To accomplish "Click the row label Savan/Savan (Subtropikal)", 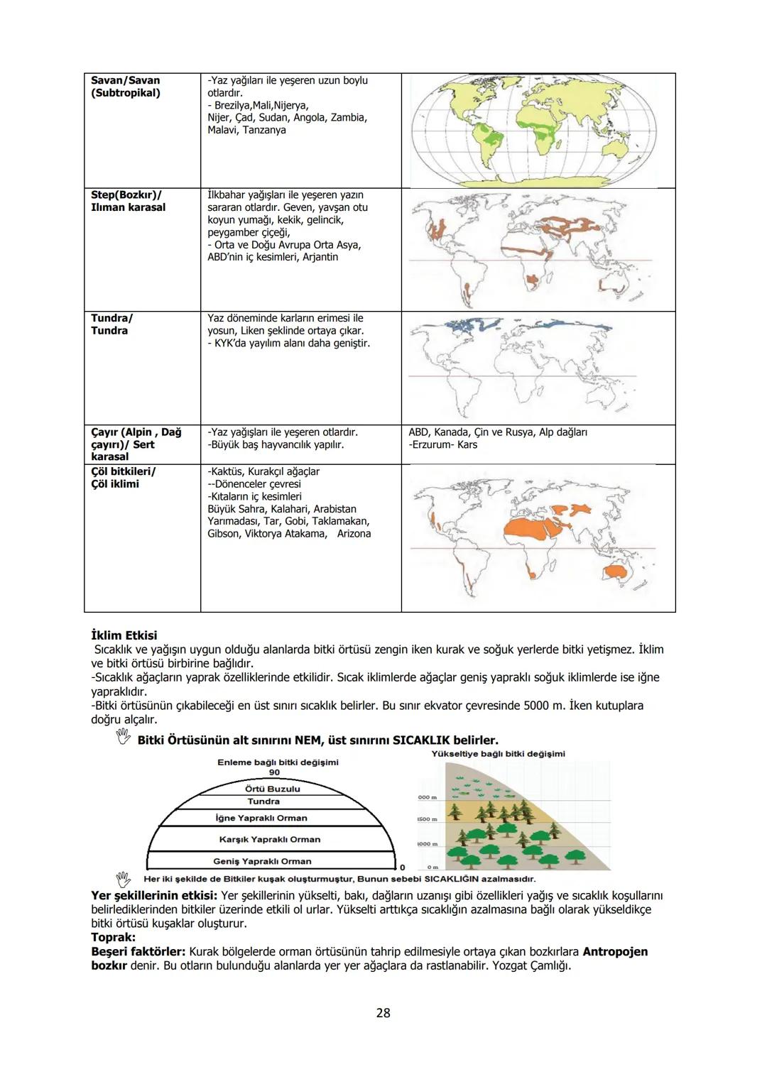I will click(126, 87).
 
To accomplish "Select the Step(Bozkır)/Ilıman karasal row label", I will click(128, 201).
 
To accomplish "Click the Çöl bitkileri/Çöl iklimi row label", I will click(124, 477).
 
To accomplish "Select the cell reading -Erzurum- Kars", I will click(443, 444).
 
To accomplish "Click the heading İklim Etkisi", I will click(124, 635).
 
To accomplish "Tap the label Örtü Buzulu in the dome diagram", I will click(272, 789).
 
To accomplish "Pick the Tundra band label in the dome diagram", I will click(263, 801).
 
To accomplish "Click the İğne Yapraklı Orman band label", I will click(261, 818).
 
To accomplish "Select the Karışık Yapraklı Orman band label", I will click(269, 839).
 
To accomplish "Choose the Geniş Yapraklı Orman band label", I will click(262, 861).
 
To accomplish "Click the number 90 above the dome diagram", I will click(274, 772).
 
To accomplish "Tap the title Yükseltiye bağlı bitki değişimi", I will click(498, 753).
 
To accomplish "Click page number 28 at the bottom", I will click(383, 1013).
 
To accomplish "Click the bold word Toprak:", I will click(113, 937).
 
